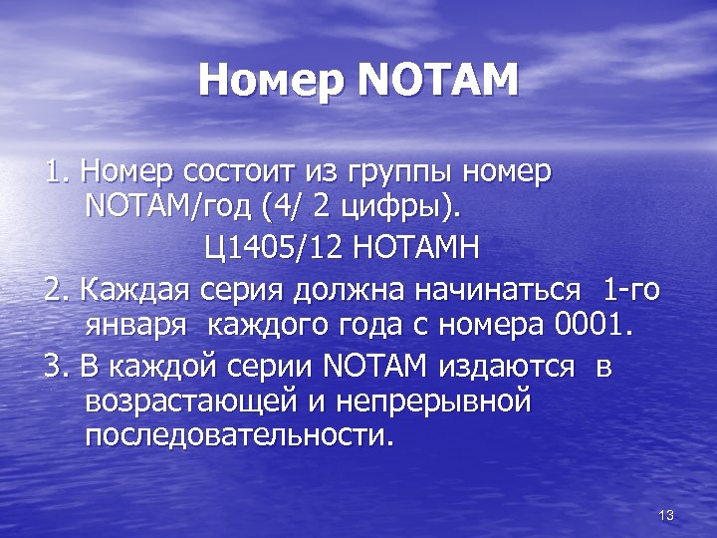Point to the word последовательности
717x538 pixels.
(x=238, y=436)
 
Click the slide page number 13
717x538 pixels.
(x=666, y=514)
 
